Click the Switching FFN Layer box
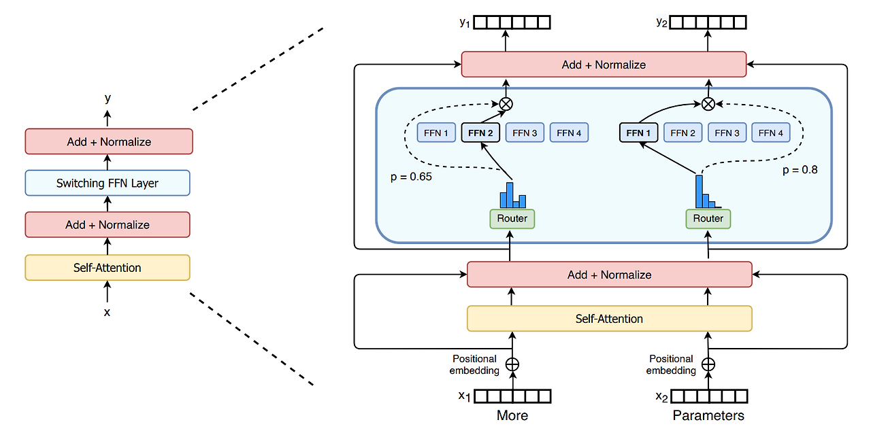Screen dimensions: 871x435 [x=108, y=183]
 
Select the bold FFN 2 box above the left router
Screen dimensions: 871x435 [x=480, y=133]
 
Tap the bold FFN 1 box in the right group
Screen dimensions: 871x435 [x=638, y=133]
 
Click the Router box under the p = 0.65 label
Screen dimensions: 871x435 [x=512, y=219]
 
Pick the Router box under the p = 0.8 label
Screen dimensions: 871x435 [x=708, y=219]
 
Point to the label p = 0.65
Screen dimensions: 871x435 [x=411, y=177]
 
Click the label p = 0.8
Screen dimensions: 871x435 [x=800, y=170]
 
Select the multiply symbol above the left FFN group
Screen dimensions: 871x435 [x=506, y=104]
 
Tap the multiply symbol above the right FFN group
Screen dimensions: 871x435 [x=708, y=104]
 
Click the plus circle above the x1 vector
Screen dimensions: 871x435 [x=512, y=364]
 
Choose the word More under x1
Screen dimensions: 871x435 [x=512, y=415]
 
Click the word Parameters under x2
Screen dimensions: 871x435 [x=708, y=415]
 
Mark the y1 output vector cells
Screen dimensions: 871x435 [x=512, y=22]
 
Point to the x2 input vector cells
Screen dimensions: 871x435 [x=709, y=396]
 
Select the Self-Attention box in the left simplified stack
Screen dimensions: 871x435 [x=108, y=268]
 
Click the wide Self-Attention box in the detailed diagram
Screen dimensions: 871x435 [x=609, y=319]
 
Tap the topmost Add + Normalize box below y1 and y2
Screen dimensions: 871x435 [x=604, y=65]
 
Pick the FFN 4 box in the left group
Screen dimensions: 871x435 [x=569, y=133]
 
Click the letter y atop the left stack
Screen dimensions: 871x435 [x=108, y=99]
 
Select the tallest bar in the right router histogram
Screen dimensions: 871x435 [x=699, y=192]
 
